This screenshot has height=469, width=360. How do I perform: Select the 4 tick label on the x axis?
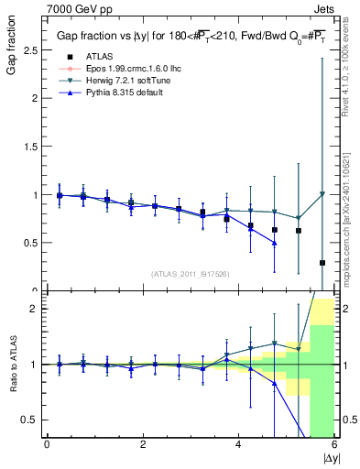click(x=238, y=443)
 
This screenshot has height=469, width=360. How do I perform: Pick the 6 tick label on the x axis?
click(x=334, y=443)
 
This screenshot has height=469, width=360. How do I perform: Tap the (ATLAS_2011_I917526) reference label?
click(x=190, y=274)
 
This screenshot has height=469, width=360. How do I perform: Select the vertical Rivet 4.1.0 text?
click(x=352, y=64)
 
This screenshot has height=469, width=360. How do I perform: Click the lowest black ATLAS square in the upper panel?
click(x=322, y=263)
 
